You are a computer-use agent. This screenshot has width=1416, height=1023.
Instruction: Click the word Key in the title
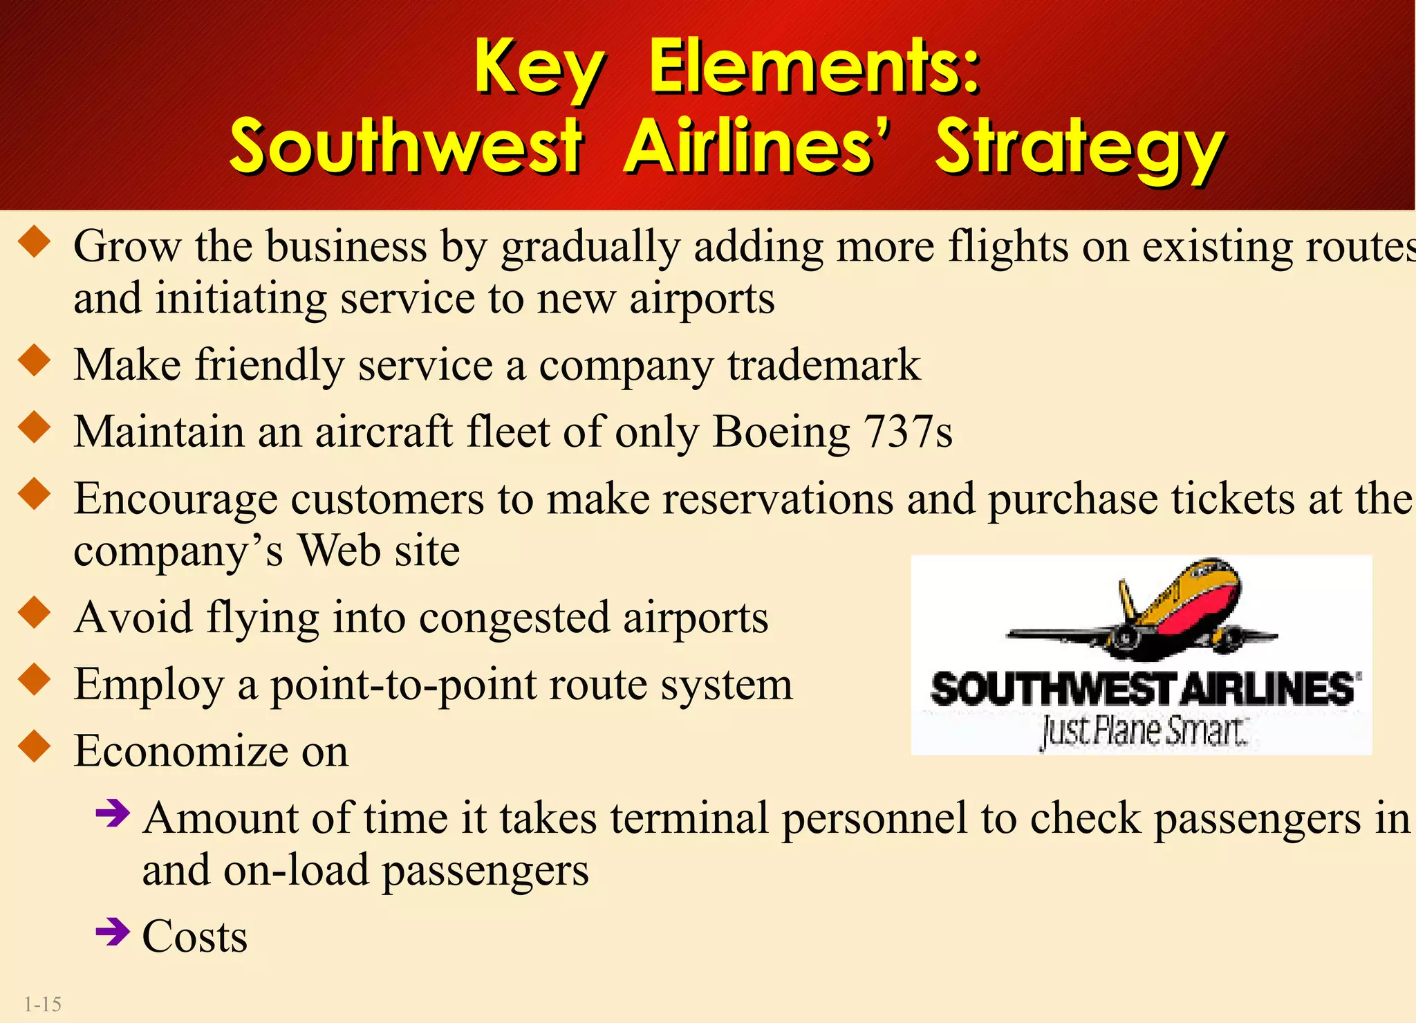(539, 69)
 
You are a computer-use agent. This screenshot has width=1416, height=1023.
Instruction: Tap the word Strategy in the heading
(1079, 147)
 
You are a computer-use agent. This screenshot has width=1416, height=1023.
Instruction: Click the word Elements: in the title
(814, 67)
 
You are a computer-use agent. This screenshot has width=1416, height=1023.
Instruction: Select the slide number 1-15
(43, 1004)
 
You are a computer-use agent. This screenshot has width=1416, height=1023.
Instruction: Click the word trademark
(823, 365)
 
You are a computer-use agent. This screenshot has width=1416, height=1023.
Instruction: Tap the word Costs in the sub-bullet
(194, 937)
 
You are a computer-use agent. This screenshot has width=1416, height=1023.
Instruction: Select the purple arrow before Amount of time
(113, 813)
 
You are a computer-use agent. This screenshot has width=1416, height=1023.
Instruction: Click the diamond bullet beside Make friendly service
(35, 360)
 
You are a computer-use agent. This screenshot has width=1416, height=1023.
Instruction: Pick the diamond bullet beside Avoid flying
(35, 613)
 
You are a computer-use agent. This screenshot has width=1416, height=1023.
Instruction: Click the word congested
(514, 617)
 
